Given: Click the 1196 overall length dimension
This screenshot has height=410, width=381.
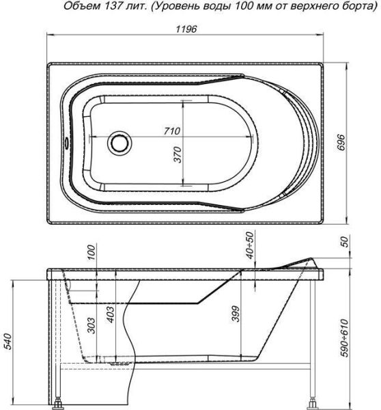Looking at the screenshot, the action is pyautogui.click(x=186, y=29).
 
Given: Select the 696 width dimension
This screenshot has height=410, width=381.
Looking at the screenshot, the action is pyautogui.click(x=341, y=143).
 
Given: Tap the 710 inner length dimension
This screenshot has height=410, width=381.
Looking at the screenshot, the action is pyautogui.click(x=172, y=131).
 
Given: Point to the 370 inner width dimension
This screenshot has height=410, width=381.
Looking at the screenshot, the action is pyautogui.click(x=178, y=154).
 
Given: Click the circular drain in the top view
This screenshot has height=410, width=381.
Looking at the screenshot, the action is pyautogui.click(x=119, y=143).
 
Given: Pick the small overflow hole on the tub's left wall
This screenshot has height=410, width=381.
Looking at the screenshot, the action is pyautogui.click(x=67, y=143).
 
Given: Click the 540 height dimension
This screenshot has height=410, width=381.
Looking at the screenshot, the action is pyautogui.click(x=9, y=341).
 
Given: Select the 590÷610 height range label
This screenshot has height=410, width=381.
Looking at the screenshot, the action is pyautogui.click(x=345, y=338).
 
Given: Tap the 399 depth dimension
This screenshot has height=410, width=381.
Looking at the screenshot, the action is pyautogui.click(x=236, y=314).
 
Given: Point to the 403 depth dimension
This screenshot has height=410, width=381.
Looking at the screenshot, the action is pyautogui.click(x=111, y=314).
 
